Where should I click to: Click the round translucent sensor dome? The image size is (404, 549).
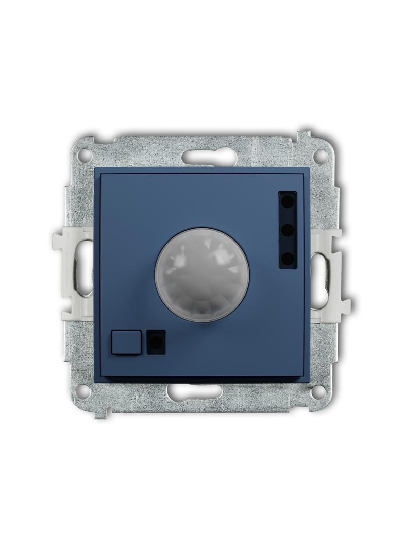coord(202,274)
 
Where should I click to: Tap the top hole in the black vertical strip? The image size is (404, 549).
coord(288,202)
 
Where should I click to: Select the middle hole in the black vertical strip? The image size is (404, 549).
coord(288,229)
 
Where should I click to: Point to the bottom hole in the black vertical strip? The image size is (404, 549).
coord(288,256)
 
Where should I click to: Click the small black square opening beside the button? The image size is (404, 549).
coord(156,342)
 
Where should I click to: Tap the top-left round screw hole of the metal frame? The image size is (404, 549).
coord(85,155)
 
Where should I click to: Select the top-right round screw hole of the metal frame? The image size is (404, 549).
coord(321,154)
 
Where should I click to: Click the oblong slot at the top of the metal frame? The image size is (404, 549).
coord(209,156)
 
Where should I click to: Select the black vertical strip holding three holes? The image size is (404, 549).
coord(288,230)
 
